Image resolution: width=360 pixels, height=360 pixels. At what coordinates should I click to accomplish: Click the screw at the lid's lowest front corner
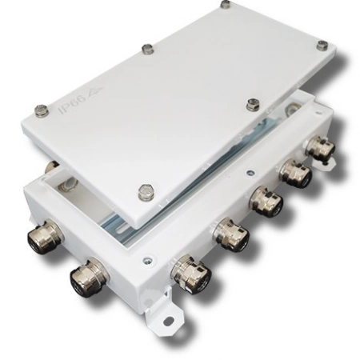click(146, 191)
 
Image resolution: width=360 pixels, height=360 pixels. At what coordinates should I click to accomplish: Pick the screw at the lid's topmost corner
click(226, 5)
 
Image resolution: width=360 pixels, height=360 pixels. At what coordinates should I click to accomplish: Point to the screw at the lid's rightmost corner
click(322, 46)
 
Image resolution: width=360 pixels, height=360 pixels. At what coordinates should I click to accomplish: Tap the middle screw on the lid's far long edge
click(146, 49)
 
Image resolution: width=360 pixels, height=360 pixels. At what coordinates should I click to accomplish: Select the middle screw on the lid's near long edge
click(254, 103)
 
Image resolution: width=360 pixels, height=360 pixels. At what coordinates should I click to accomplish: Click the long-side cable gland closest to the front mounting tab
click(190, 272)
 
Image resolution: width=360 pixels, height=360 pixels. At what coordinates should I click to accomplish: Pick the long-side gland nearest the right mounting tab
click(320, 147)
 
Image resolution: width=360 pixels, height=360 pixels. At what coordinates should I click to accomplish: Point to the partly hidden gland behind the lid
click(50, 168)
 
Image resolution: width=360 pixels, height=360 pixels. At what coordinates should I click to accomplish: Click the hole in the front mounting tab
click(169, 320)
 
